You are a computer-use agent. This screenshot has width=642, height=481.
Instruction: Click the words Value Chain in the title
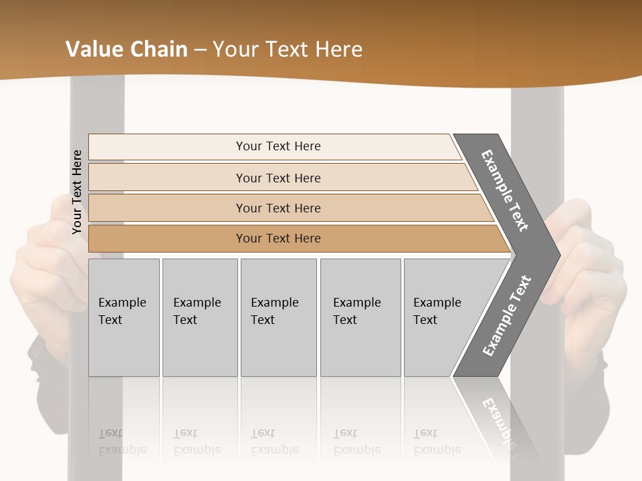click(x=126, y=49)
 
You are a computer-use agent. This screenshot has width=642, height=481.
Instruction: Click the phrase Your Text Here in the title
click(x=288, y=49)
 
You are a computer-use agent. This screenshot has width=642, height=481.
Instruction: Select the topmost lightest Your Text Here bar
click(x=278, y=146)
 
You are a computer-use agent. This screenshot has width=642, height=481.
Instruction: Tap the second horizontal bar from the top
click(x=278, y=178)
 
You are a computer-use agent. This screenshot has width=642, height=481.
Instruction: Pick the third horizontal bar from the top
click(x=278, y=208)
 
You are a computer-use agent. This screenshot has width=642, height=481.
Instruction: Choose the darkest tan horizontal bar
click(x=278, y=238)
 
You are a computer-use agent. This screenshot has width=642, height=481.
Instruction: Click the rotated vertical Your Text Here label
click(x=77, y=192)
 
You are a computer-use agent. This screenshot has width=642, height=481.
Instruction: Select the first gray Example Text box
click(x=124, y=317)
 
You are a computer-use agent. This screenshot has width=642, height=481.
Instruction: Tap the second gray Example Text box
click(x=199, y=317)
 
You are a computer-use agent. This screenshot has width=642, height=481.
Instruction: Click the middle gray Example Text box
click(x=278, y=317)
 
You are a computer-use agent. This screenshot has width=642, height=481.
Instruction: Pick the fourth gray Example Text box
click(x=360, y=317)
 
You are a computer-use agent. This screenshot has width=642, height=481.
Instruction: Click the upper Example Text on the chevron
click(x=505, y=190)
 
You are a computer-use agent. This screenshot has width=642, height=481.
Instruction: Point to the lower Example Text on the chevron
click(x=507, y=315)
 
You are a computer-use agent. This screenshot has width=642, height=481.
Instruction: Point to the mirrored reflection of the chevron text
click(x=500, y=421)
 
